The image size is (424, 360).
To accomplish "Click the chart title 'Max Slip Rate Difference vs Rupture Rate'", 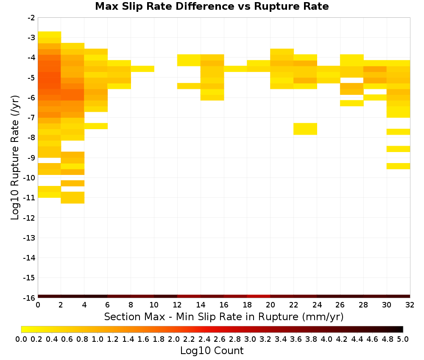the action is coord(212,6).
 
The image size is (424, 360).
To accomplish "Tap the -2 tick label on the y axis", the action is coord(31,18).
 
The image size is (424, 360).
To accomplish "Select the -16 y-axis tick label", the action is coord(29,298).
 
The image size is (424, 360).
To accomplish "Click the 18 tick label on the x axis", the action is coord(247,305).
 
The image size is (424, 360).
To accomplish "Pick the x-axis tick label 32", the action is coord(410,305).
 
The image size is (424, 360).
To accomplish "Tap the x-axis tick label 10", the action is coord(154,305).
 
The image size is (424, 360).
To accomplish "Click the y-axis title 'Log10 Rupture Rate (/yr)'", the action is coord(15,158).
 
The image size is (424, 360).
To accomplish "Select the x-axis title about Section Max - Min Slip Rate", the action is coord(224,316).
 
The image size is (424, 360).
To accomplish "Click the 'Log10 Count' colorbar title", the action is coord(212,351).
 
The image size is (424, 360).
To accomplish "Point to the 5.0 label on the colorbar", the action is coord(403,339).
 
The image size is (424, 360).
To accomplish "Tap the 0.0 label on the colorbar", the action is coord(21,339).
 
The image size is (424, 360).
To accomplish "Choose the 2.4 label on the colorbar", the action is coord(204,339).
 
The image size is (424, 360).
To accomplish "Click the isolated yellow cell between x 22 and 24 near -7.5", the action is coord(305,129).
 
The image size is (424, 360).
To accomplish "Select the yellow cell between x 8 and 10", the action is coord(142,69).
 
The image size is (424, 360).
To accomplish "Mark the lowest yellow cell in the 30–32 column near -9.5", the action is coord(398,166).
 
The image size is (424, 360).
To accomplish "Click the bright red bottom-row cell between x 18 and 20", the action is coord(259,296).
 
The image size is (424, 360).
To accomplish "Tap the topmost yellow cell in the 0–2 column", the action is coord(50,35).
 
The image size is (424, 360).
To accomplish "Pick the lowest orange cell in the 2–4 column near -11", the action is coord(73,197).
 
